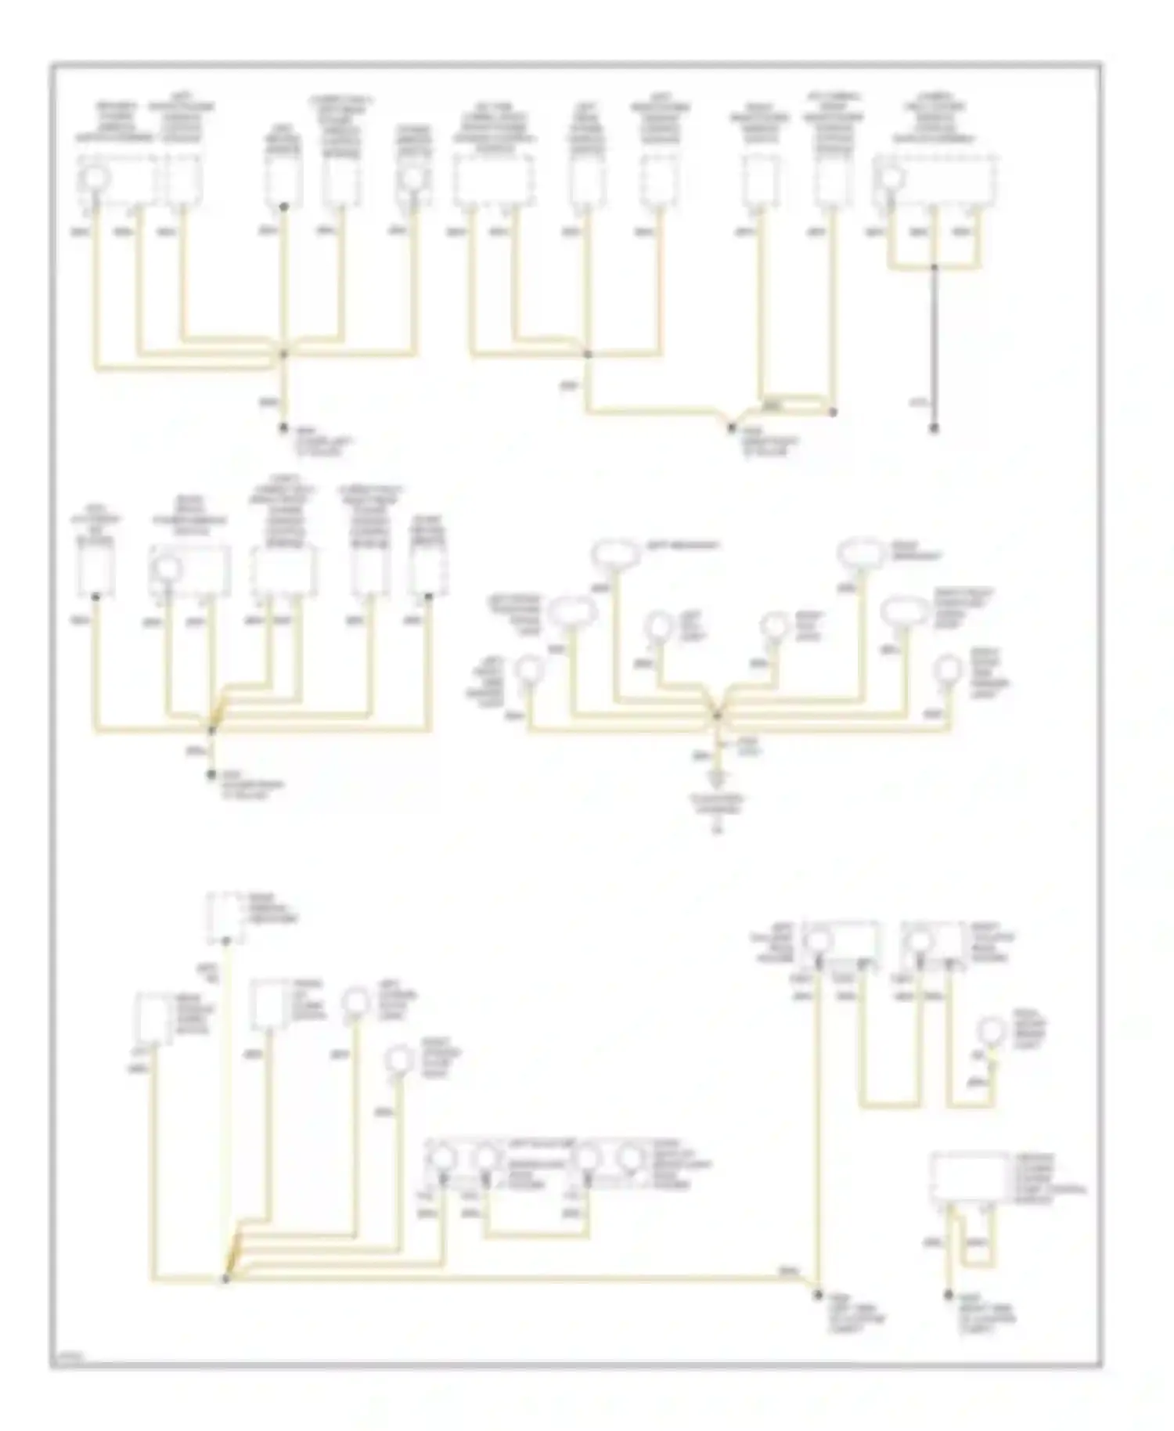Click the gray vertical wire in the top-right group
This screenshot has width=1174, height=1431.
click(x=933, y=344)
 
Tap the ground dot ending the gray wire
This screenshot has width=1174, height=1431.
click(x=933, y=429)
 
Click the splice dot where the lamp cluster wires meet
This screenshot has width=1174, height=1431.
click(x=716, y=714)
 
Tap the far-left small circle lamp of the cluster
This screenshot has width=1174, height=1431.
click(x=532, y=670)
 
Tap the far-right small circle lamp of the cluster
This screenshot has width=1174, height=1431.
click(x=950, y=669)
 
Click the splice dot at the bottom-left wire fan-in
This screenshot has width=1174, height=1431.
click(x=225, y=1278)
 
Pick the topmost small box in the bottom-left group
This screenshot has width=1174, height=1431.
click(x=225, y=917)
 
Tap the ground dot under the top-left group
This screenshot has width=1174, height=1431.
click(x=284, y=428)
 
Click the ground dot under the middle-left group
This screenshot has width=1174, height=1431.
click(x=211, y=775)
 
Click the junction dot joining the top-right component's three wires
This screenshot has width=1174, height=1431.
click(x=933, y=268)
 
